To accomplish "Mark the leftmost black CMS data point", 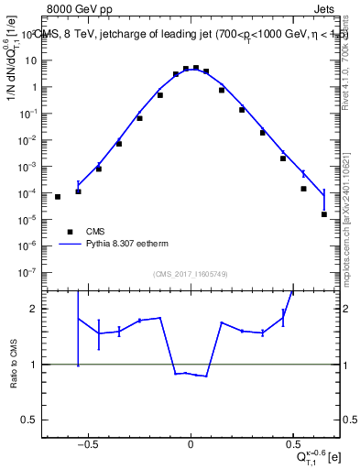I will pyautogui.click(x=58, y=196).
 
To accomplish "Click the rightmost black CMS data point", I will pyautogui.click(x=324, y=214).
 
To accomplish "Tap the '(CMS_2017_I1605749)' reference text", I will pyautogui.click(x=190, y=274).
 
